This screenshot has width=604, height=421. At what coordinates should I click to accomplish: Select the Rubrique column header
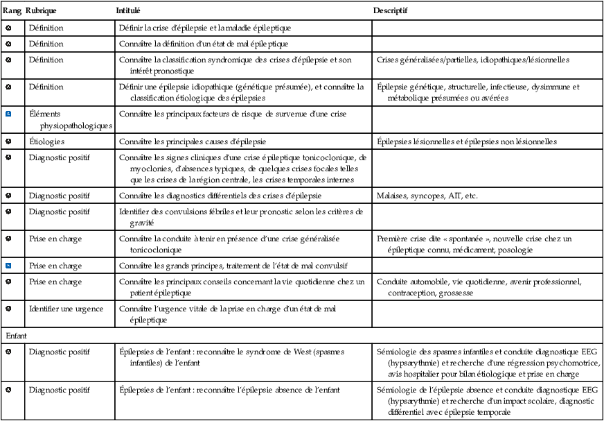pyautogui.click(x=41, y=12)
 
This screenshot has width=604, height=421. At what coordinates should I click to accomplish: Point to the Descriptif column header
pyautogui.click(x=390, y=12)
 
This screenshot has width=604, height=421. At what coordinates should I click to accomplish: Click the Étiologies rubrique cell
pyautogui.click(x=46, y=141)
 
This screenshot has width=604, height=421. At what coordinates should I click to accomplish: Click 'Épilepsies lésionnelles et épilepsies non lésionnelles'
pyautogui.click(x=467, y=141)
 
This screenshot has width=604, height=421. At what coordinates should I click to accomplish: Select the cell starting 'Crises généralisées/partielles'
pyautogui.click(x=473, y=60)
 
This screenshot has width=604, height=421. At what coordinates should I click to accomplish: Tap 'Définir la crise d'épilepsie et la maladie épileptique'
pyautogui.click(x=205, y=28)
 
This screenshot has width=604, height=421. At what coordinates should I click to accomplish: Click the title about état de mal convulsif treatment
pyautogui.click(x=233, y=266)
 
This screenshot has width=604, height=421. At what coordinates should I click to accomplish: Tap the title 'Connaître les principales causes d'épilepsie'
pyautogui.click(x=193, y=141)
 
